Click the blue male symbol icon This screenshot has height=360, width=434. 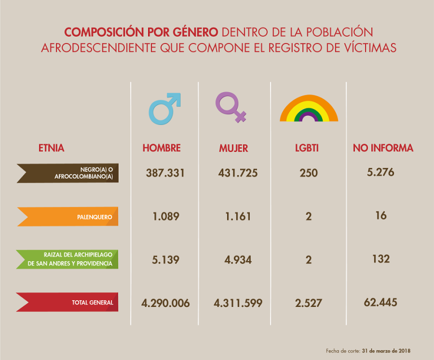tap(164, 108)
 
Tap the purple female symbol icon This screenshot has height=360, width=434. tap(232, 107)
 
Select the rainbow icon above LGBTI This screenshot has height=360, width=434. tap(309, 109)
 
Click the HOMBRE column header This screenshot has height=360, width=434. tap(162, 148)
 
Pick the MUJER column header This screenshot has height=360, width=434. tap(233, 149)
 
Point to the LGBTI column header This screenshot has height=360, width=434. tap(307, 149)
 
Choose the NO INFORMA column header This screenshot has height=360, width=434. tap(383, 148)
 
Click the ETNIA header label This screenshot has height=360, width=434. tap(51, 149)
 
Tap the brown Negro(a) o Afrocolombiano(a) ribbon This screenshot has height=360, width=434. tap(68, 173)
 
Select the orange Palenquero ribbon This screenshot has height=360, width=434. tap(68, 216)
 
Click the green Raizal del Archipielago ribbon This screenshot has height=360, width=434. tap(68, 259)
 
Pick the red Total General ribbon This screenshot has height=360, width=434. tap(68, 302)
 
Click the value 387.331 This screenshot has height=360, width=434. tap(166, 173)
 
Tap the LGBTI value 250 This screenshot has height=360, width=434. tap(309, 173)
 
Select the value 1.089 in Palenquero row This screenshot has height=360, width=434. tap(166, 216)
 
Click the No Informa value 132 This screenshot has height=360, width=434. tap(381, 259)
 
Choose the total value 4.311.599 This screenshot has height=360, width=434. tap(238, 303)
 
